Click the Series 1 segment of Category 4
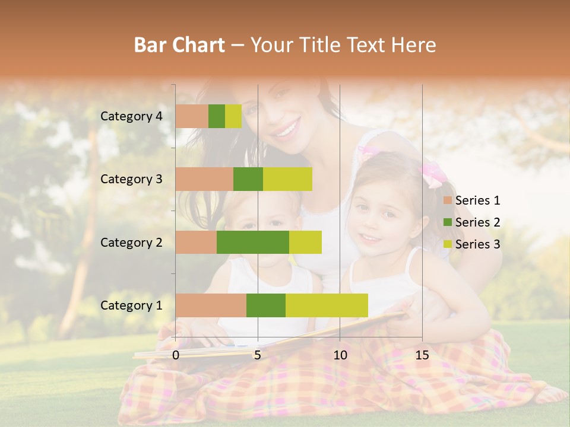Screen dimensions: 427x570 (x=192, y=116)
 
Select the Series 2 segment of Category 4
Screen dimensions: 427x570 (x=217, y=116)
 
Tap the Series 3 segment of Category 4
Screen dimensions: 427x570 (x=233, y=116)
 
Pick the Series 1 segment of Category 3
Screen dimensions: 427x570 (x=204, y=179)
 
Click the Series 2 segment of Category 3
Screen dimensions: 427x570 (x=248, y=179)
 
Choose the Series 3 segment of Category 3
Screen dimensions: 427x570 (x=287, y=179)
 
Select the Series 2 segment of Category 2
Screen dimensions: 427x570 (x=253, y=242)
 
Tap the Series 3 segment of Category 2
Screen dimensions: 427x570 (x=305, y=242)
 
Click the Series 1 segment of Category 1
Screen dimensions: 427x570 (x=211, y=305)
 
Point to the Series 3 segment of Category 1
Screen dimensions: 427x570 (x=327, y=305)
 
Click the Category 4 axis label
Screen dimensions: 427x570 (x=131, y=116)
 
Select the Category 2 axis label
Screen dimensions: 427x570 (x=131, y=243)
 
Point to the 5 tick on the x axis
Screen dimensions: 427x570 (x=258, y=355)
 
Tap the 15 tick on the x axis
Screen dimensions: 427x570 (x=422, y=355)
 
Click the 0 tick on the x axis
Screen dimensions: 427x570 (x=176, y=355)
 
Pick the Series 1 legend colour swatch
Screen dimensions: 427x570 (x=447, y=200)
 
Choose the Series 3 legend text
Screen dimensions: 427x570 (x=477, y=244)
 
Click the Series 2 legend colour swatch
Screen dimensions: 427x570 (x=447, y=222)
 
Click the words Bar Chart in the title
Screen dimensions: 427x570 (x=179, y=45)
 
